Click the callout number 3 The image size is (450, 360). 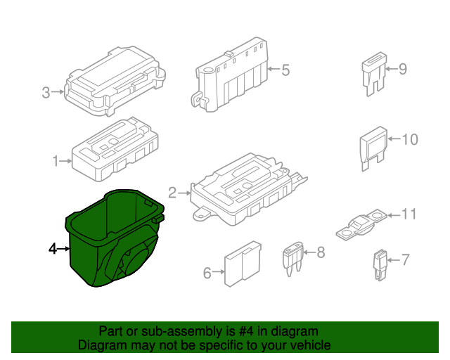[x=46, y=92]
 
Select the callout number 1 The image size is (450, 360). [x=56, y=161]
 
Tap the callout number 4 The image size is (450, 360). [x=52, y=248]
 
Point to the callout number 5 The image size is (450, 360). [x=285, y=70]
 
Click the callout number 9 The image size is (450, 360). [x=403, y=69]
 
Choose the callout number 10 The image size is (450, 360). [x=410, y=139]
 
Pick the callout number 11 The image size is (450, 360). [x=409, y=213]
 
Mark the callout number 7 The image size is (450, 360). [x=404, y=260]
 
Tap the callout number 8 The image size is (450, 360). [x=321, y=251]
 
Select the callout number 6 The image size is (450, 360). [x=207, y=273]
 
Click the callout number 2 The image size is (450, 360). [x=172, y=192]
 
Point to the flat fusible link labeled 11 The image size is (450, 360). [x=362, y=223]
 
